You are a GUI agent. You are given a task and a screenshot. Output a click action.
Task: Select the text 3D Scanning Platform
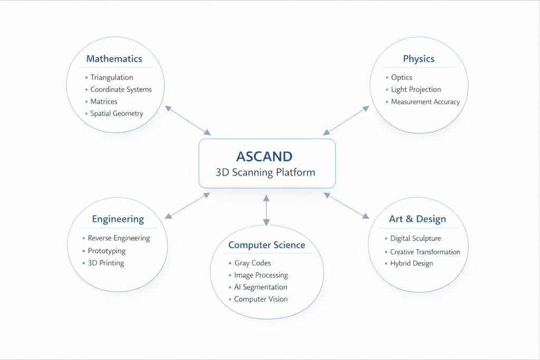(266, 172)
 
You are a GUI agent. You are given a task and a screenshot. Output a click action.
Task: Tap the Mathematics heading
(114, 59)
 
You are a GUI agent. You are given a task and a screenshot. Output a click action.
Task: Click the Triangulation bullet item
(111, 77)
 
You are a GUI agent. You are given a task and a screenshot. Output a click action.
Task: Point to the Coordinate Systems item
(121, 90)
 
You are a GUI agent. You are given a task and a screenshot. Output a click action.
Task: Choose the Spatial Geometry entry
(117, 113)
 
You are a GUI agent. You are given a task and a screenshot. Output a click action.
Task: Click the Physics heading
(419, 59)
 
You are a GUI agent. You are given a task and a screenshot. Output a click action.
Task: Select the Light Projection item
(416, 90)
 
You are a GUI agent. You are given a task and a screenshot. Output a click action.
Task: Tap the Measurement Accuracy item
(425, 102)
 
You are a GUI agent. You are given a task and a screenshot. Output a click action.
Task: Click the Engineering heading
(118, 219)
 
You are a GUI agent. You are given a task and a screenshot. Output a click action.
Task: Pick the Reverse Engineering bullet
(119, 238)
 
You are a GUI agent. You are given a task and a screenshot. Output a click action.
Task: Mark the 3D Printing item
(106, 263)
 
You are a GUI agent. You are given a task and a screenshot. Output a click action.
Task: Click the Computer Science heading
(266, 245)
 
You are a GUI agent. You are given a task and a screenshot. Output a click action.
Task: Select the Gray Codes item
(253, 263)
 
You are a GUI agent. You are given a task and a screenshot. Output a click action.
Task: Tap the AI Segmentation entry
(261, 287)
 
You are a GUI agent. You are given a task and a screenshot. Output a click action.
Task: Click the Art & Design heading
(417, 219)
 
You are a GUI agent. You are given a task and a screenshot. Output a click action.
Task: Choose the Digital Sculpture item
(415, 239)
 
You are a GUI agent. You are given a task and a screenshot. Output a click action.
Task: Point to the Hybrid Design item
(411, 264)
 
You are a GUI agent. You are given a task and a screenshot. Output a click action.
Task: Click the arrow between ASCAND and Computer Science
(266, 210)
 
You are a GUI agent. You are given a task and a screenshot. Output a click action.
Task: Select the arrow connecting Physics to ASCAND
(346, 119)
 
